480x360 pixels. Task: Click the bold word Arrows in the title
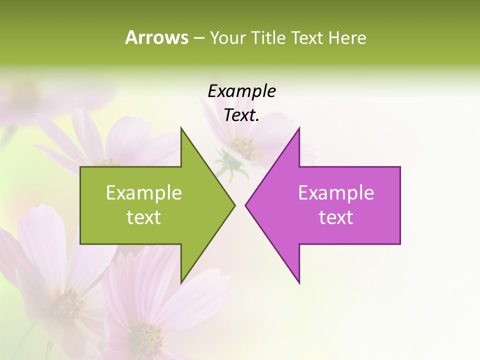tap(156, 37)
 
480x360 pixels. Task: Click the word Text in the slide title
tap(307, 37)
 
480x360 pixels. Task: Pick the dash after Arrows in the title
tap(198, 38)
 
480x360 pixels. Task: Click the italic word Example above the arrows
tap(241, 91)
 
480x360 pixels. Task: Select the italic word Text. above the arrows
tap(241, 115)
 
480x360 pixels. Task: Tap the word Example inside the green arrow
tap(144, 192)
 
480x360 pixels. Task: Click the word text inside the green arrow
tap(144, 217)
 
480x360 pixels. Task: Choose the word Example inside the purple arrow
tap(336, 192)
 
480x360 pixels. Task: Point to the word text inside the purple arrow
tap(336, 217)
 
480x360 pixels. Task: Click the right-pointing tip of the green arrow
tap(234, 205)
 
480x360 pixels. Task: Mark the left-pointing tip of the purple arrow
tap(246, 205)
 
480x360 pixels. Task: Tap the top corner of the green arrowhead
tap(181, 128)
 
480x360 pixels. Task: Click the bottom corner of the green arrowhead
tap(181, 282)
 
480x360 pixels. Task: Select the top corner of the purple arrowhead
tap(299, 128)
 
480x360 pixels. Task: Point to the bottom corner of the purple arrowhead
tap(299, 282)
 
